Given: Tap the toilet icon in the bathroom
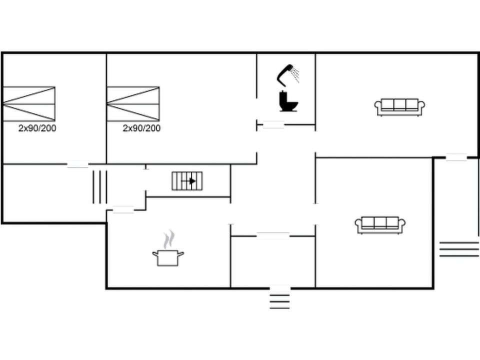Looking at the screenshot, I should [x=288, y=101].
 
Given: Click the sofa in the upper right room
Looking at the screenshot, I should [x=399, y=106].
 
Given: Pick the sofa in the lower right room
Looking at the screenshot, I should [x=380, y=225].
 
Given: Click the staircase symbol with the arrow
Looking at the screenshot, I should [x=187, y=180].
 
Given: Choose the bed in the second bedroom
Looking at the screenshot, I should [x=133, y=103].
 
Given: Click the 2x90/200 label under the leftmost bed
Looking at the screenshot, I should [x=37, y=128].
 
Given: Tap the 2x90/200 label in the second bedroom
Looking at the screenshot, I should [x=142, y=128].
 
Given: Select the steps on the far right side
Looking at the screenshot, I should [x=459, y=248].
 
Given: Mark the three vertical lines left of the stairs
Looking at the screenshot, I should [x=100, y=186].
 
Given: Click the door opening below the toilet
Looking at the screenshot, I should [x=273, y=124].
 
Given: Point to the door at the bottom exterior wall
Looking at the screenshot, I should [x=280, y=288].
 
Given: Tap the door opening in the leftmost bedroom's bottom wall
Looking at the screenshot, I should [x=77, y=163].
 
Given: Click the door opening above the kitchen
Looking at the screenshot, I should [x=123, y=210].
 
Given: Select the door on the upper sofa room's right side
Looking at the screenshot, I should [x=456, y=157].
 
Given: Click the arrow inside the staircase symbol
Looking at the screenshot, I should [x=191, y=180].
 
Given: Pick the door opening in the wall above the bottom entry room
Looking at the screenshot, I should [x=273, y=235].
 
